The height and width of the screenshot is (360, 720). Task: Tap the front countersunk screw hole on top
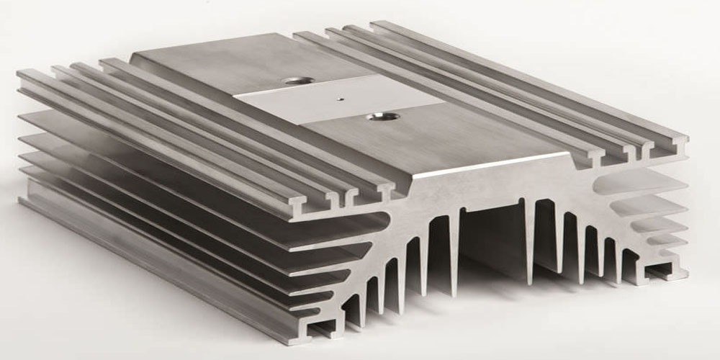pos(375,115)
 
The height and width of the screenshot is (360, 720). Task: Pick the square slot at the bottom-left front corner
pos(319,329)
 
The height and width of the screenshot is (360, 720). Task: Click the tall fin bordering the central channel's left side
pos(454,245)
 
